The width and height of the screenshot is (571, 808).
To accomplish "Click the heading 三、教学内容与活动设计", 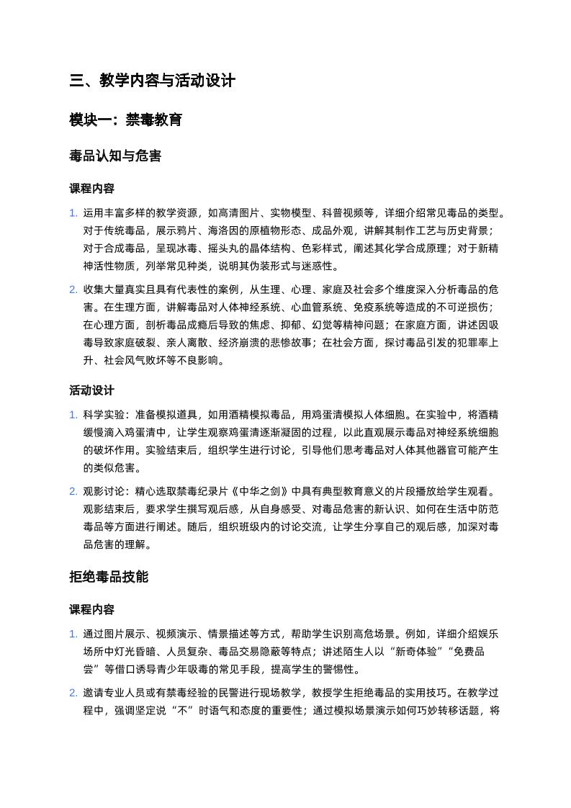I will (153, 81).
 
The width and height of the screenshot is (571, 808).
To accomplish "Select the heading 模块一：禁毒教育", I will (125, 119).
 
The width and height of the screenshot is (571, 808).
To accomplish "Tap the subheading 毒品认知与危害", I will (115, 156).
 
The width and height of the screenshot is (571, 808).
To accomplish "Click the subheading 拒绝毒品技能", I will (109, 576).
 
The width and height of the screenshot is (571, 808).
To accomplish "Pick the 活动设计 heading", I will (91, 390).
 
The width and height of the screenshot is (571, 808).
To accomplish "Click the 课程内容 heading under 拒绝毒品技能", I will (91, 609).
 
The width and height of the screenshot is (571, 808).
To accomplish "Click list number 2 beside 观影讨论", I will (73, 492).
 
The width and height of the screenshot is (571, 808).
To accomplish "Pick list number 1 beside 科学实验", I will (73, 415).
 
